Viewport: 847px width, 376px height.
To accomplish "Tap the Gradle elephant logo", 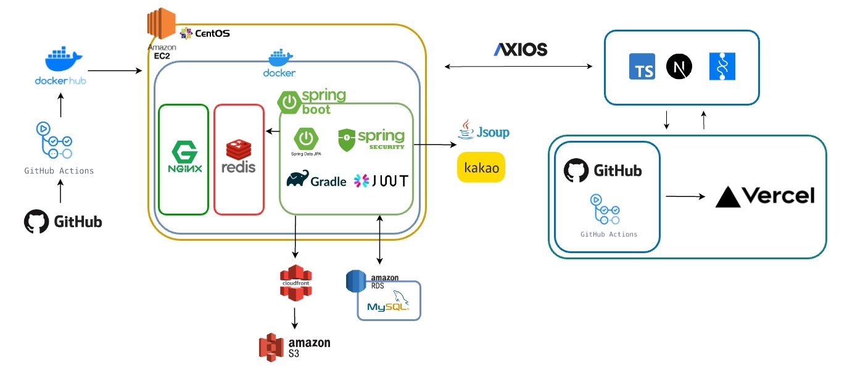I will point(298,179).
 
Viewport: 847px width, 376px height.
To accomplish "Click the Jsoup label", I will point(484,132).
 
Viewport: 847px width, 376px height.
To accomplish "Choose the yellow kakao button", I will point(481,167).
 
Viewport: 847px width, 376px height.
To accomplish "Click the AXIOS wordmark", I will point(520,50).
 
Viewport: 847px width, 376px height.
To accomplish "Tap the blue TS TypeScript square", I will point(642,67).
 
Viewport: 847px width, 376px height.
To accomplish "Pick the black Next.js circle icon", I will point(679,67).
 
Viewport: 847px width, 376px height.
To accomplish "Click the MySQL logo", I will point(389,306).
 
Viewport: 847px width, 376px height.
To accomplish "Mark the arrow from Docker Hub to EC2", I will point(115,71).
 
